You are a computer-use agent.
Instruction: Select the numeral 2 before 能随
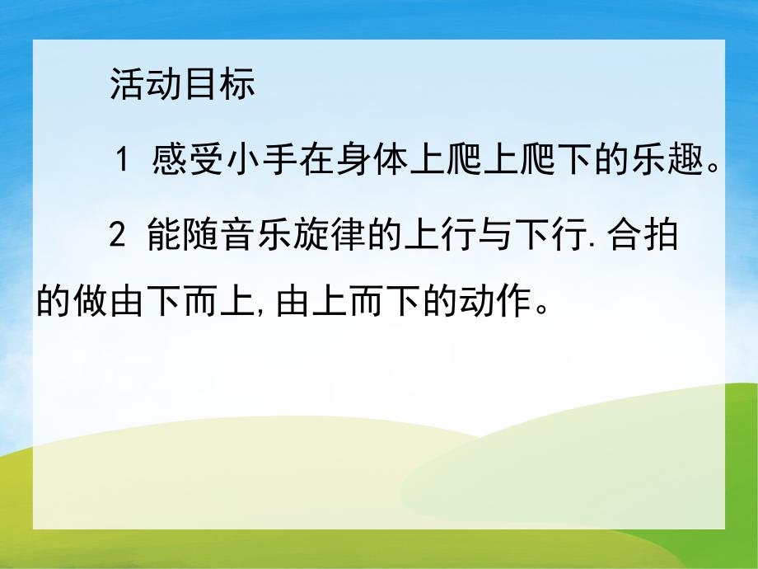pyautogui.click(x=118, y=237)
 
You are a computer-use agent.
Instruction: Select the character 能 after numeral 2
pyautogui.click(x=165, y=237)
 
